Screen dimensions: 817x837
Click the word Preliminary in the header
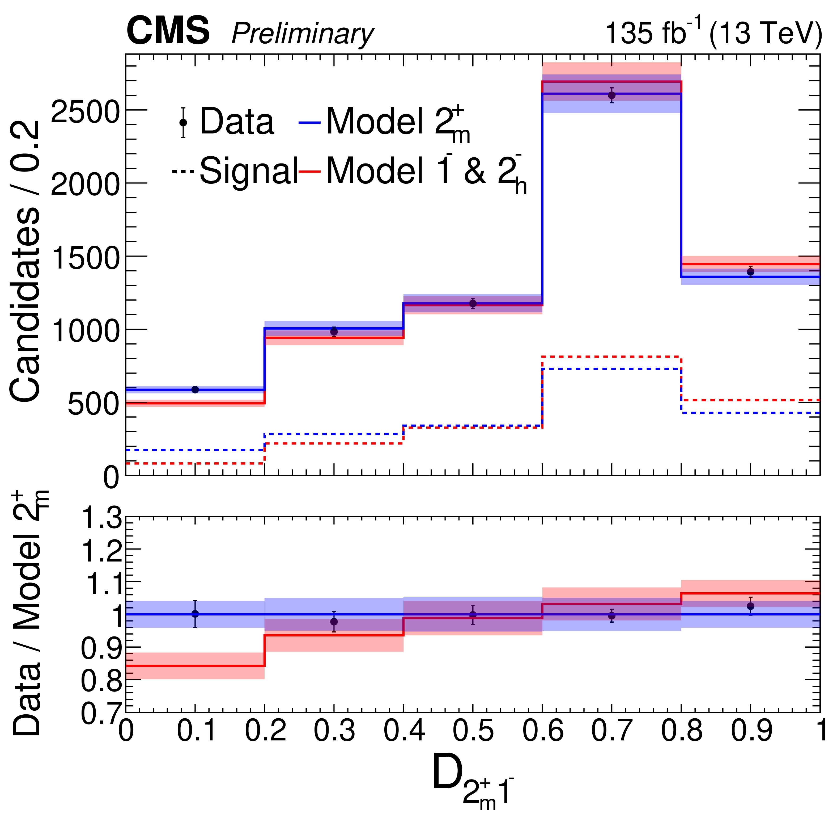302,34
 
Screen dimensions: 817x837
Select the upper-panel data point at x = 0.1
195,389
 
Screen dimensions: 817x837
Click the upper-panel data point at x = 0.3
334,331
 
